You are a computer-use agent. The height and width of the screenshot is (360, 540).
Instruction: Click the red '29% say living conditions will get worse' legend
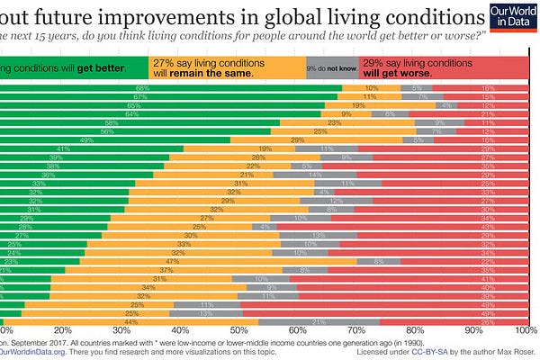431,68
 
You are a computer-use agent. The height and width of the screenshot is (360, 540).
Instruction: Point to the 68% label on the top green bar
141,88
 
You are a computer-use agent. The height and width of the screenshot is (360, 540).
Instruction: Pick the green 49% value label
87,139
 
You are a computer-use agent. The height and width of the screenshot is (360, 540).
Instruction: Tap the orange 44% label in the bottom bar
130,321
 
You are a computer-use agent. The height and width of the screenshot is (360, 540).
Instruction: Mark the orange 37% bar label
166,269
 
